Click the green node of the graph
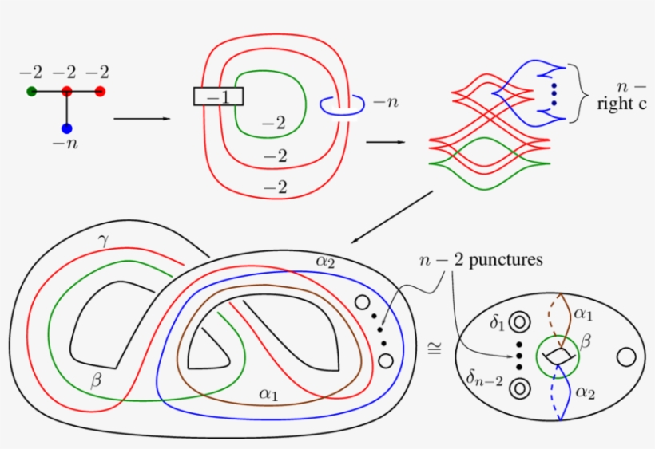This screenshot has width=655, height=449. [x=31, y=92]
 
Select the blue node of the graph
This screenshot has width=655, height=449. [x=66, y=128]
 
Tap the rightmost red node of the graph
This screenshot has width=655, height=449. [x=100, y=92]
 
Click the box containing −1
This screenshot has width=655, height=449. [x=218, y=96]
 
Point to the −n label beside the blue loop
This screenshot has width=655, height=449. [x=386, y=103]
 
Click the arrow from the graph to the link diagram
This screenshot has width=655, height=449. [x=142, y=120]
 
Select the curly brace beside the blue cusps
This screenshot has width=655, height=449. [x=578, y=93]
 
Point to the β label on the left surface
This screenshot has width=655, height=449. [x=97, y=381]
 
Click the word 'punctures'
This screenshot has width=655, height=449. [x=504, y=261]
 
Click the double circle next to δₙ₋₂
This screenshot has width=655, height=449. [x=520, y=388]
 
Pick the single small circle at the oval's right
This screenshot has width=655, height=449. [x=626, y=356]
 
